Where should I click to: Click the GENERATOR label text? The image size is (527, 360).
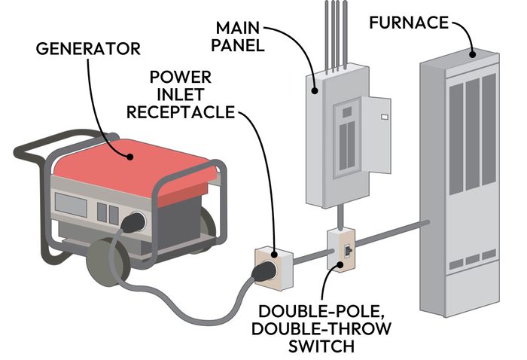[x=88, y=50]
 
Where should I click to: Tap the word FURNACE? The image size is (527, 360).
[x=407, y=23]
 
